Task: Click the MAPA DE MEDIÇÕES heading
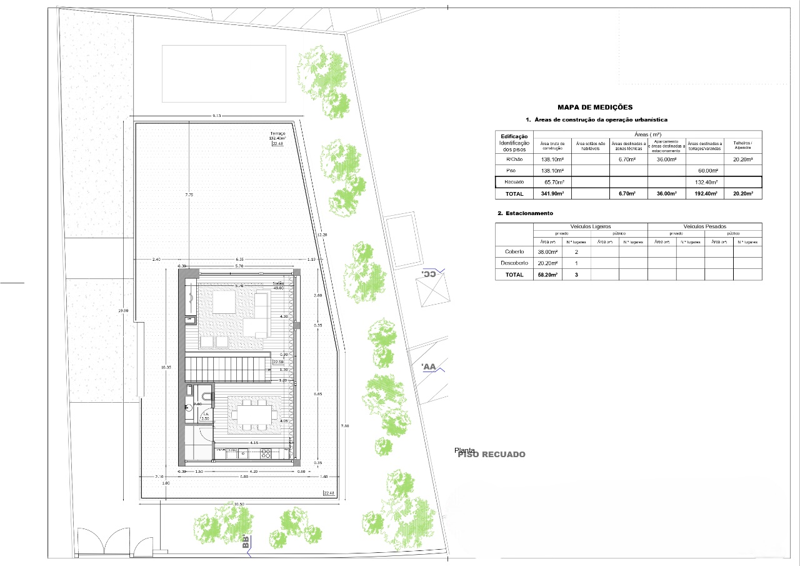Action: (586, 108)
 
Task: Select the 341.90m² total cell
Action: (552, 194)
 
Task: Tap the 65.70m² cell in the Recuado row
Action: (552, 182)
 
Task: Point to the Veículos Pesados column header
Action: (704, 226)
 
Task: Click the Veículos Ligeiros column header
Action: (591, 226)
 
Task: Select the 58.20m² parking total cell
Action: (547, 275)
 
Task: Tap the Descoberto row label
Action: (514, 263)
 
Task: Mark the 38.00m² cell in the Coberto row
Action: (547, 251)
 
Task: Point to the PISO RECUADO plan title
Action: (492, 455)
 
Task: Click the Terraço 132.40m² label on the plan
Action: (277, 136)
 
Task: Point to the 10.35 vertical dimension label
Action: (166, 368)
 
